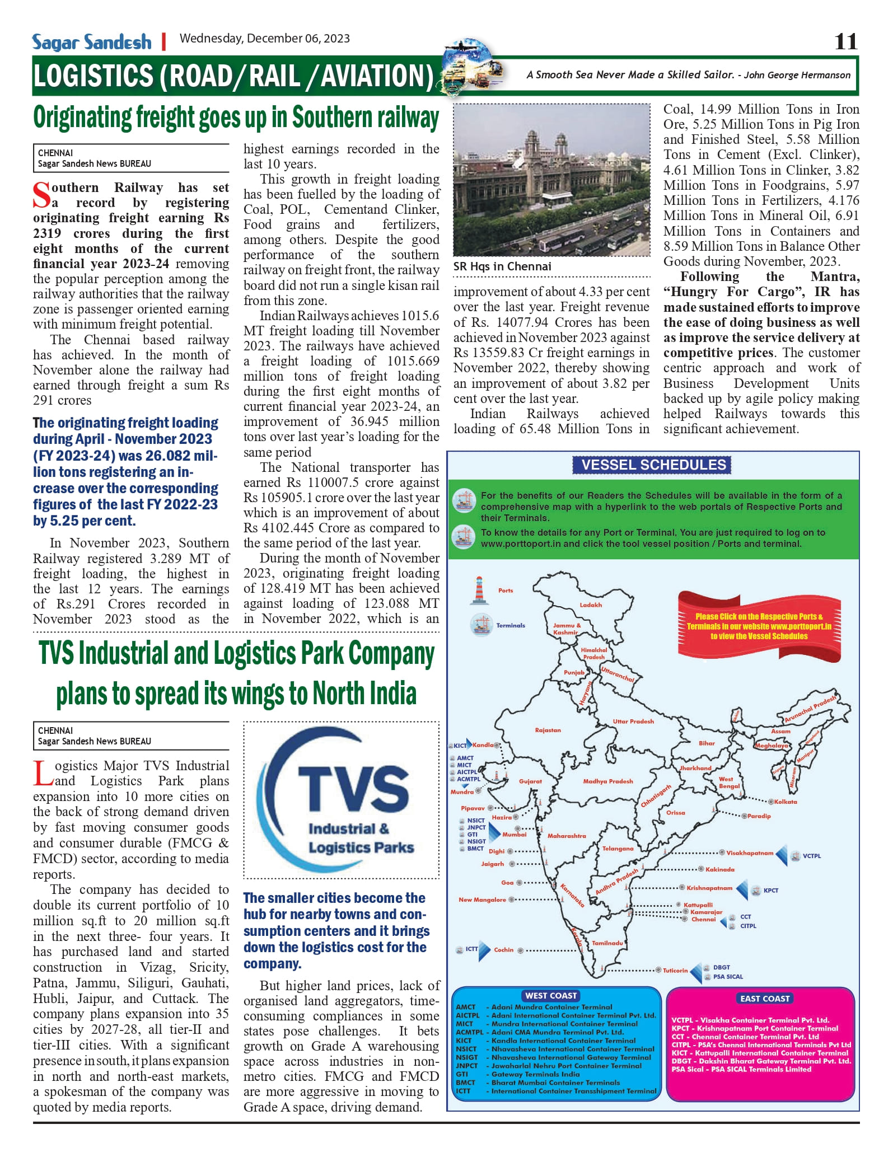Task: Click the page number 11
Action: (845, 41)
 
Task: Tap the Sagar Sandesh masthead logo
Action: (92, 42)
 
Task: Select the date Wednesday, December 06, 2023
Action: (264, 39)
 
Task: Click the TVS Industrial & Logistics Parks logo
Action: (342, 800)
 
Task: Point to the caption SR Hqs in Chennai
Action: (502, 266)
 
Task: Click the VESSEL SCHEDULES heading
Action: (653, 465)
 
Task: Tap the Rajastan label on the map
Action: (548, 730)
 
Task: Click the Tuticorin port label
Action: (675, 970)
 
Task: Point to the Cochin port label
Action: (503, 949)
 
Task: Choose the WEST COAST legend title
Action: (551, 995)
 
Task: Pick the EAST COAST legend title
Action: (765, 998)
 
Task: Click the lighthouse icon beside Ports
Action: (479, 590)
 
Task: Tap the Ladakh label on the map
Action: (591, 605)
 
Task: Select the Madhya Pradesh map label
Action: (608, 781)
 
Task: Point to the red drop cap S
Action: (41, 195)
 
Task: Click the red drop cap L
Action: (42, 774)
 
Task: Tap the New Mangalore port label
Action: (482, 900)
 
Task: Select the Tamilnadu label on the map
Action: (607, 943)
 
